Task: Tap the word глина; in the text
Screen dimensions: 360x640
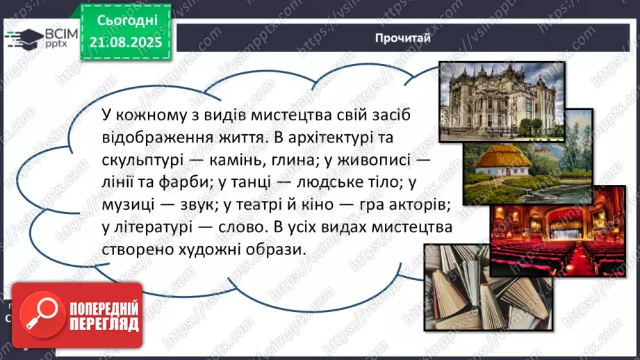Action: click(281, 160)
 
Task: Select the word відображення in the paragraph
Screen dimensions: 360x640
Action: click(156, 137)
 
